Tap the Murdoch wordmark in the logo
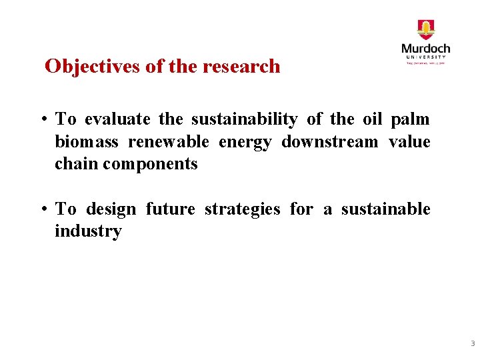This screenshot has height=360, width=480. pos(425,49)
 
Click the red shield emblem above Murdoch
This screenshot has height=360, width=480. pos(425,30)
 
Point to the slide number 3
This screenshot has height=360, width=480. pos(472,344)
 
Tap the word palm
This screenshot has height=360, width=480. pos(410,119)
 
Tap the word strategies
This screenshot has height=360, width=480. pos(242,209)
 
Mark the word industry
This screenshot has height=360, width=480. pos(88,232)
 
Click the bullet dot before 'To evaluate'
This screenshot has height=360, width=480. pos(42,120)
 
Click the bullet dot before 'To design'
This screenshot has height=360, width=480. pos(42,210)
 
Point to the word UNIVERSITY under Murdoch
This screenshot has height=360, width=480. pos(425,57)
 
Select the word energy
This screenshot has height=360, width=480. pos(245,142)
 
